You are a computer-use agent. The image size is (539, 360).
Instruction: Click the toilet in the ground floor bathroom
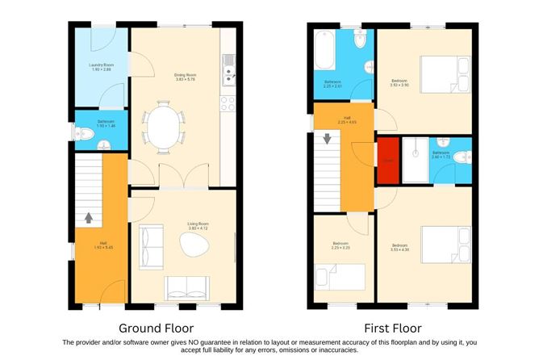pyautogui.click(x=81, y=135)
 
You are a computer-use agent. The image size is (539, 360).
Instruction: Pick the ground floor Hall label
pyautogui.click(x=103, y=244)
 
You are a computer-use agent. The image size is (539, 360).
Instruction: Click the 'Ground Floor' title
pyautogui.click(x=155, y=329)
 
